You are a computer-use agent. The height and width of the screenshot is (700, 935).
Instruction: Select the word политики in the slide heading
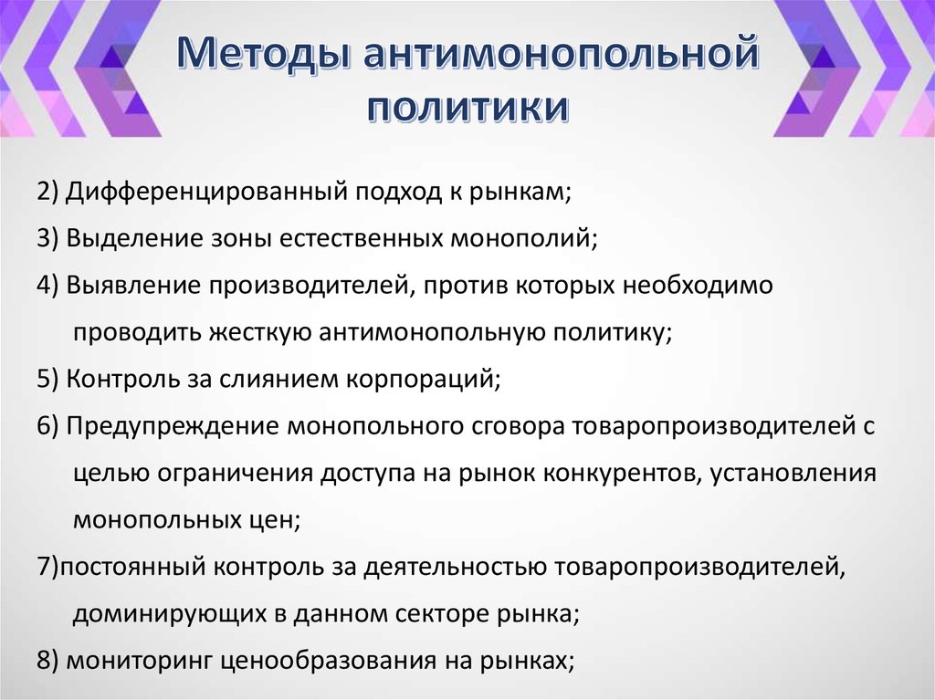click(467, 107)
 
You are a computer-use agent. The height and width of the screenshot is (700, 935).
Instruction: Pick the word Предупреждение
click(172, 426)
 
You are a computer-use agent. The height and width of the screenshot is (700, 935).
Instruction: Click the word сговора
click(508, 426)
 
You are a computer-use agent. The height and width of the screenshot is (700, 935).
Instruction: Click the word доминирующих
click(166, 613)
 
